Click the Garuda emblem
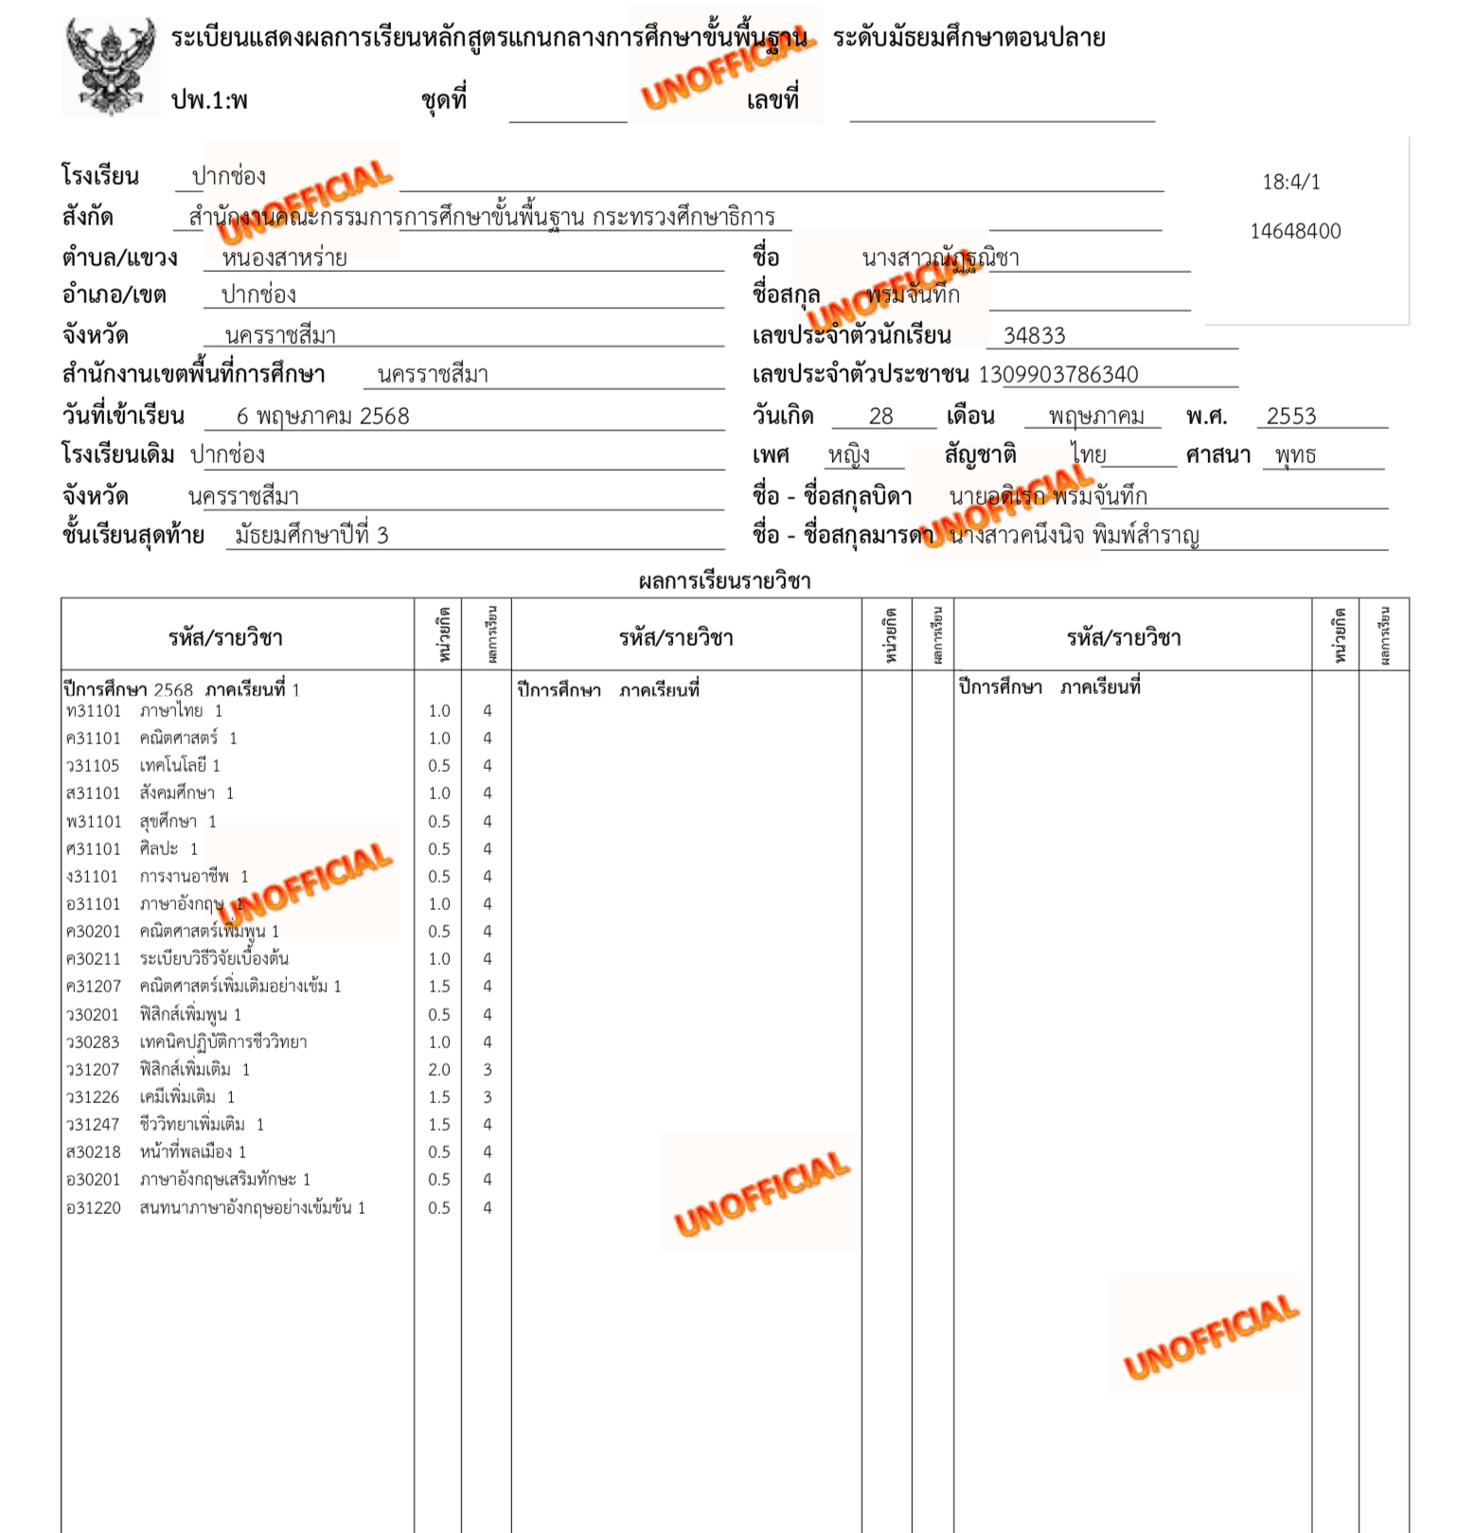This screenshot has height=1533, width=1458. click(110, 66)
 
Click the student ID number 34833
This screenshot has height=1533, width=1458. click(1034, 336)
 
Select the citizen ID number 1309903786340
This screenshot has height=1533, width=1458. click(1058, 375)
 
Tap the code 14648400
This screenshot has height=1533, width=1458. click(1295, 231)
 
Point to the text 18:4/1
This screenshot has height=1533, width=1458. click(1291, 182)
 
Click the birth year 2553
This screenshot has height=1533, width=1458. click(1291, 417)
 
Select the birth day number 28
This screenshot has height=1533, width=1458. click(880, 417)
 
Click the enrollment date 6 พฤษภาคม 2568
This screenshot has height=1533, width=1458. click(323, 417)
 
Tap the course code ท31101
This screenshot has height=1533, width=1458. click(94, 711)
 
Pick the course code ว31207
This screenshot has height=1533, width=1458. click(93, 1070)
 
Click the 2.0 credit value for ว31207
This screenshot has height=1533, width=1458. click(439, 1070)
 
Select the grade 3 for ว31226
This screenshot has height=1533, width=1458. click(488, 1097)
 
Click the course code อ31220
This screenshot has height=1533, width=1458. click(94, 1208)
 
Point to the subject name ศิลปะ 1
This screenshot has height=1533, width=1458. click(169, 849)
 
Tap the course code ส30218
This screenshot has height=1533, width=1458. click(94, 1152)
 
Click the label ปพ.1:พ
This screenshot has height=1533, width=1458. click(209, 100)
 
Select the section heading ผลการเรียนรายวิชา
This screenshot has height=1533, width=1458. click(724, 581)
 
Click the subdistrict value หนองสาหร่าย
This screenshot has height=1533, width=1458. click(284, 258)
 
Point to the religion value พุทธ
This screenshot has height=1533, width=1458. click(1295, 455)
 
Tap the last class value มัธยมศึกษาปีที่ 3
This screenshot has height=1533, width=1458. click(311, 536)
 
